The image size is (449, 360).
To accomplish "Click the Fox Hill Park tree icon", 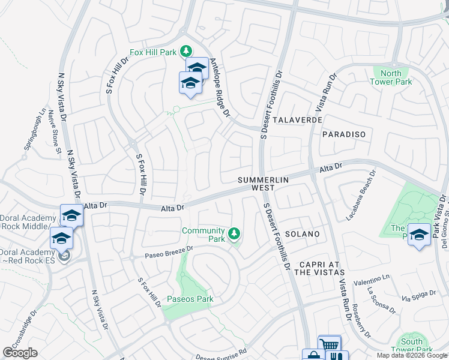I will click(187, 51).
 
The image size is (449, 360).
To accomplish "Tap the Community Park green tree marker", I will click(235, 233).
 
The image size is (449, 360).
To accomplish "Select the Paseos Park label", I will click(190, 299).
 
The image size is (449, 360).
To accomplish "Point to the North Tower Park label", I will click(391, 77).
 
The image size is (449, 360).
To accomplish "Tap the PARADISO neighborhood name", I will click(344, 135).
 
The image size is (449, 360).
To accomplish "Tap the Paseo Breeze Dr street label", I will click(170, 252).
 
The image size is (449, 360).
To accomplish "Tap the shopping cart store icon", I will click(330, 345).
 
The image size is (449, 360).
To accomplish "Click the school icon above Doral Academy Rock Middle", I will click(71, 215).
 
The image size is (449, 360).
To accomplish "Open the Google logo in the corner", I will click(20, 353).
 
